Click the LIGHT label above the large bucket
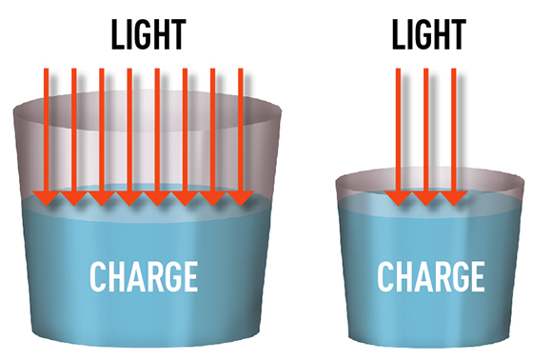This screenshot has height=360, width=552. point(148,34)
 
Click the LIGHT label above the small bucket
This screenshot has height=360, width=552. point(429,34)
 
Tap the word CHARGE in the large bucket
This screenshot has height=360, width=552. point(144,276)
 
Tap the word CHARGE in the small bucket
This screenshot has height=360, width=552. point(431,276)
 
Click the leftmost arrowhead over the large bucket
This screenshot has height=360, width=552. point(46,199)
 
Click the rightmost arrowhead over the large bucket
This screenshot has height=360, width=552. point(241,199)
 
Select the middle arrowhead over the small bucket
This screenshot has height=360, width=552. point(426,199)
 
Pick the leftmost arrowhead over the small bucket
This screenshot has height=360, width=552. point(398,199)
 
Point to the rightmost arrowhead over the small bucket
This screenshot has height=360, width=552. point(454,199)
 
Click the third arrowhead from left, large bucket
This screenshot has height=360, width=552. point(102,199)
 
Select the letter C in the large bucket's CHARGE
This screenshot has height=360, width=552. point(97,276)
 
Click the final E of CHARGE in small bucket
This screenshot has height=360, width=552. point(478,276)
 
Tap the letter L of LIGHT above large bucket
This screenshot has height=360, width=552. point(118,34)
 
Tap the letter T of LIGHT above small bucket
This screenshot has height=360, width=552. point(460,34)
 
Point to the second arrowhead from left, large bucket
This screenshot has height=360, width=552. point(74,199)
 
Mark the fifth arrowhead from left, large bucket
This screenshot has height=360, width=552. point(157,199)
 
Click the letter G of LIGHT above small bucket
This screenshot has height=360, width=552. point(423,34)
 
